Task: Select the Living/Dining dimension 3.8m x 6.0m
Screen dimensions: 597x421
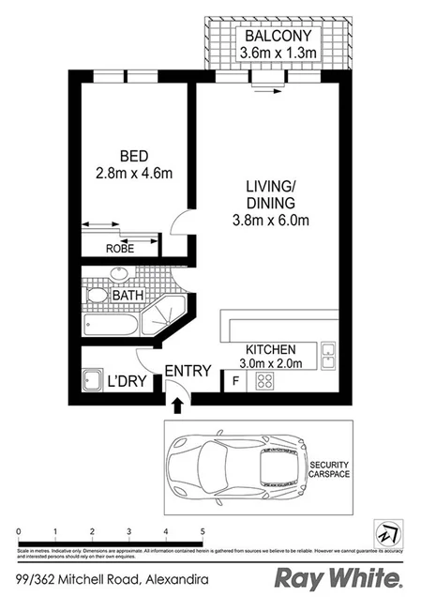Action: (272, 222)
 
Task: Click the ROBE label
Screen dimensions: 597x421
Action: (118, 249)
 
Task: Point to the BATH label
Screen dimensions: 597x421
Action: (128, 296)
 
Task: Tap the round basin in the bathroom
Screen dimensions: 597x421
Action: (119, 274)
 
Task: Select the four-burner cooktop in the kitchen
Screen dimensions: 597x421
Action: (264, 381)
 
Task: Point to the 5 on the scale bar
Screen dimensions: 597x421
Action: (203, 531)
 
